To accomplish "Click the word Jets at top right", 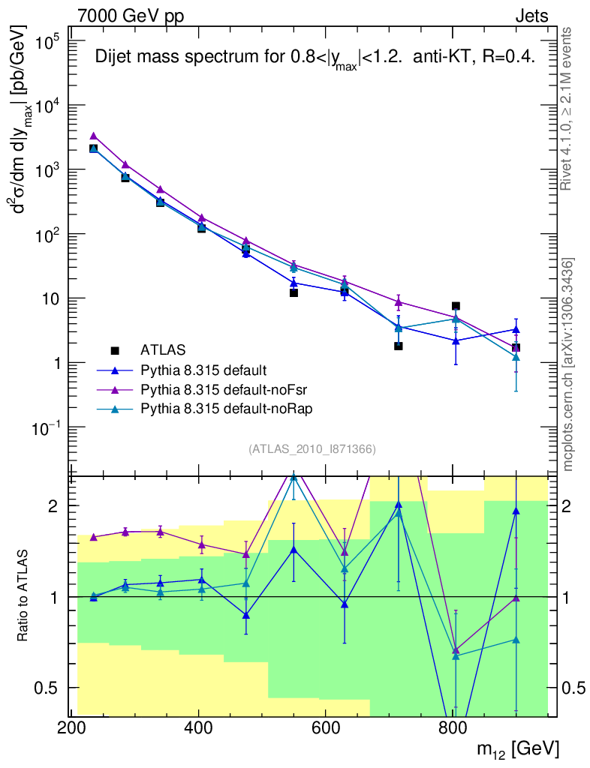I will tap(531, 16).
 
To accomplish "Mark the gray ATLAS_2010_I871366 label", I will tap(312, 449).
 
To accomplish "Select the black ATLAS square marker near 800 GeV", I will tap(456, 306).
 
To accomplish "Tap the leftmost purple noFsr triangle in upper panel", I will tap(93, 136).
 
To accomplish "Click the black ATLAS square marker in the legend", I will tap(115, 350).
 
